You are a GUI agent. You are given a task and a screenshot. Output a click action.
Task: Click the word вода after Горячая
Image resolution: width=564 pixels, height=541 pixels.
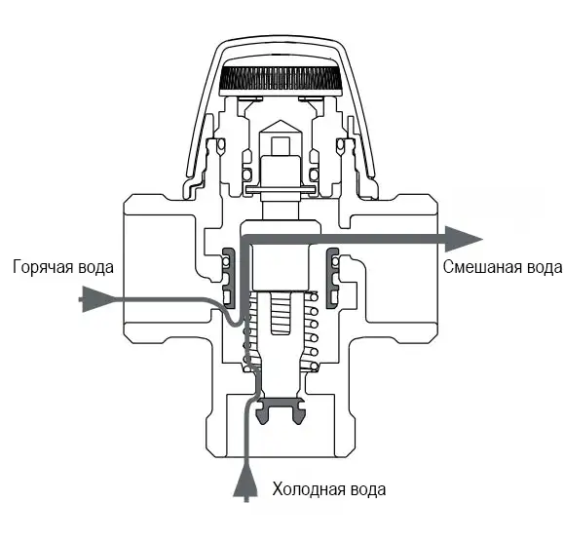[97, 267]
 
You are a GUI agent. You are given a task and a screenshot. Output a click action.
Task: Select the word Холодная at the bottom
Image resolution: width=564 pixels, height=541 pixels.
[309, 489]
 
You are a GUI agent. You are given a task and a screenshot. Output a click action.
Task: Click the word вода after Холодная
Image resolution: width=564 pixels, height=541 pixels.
[367, 490]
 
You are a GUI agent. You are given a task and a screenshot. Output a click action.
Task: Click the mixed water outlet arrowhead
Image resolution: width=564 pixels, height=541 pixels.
[464, 239]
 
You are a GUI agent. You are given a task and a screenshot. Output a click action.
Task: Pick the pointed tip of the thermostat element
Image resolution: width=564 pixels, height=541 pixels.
[281, 121]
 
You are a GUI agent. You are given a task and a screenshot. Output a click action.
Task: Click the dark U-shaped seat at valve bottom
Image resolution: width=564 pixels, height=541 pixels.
[281, 410]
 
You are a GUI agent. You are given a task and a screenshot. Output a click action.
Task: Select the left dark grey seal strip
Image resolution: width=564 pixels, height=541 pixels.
[229, 278]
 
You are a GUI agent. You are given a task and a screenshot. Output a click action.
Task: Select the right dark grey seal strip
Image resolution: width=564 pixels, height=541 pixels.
[332, 278]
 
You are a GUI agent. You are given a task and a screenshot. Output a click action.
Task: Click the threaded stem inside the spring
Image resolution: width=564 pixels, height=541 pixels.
[282, 313]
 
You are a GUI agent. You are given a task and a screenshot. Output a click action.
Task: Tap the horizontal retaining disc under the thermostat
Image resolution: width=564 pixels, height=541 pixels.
[281, 189]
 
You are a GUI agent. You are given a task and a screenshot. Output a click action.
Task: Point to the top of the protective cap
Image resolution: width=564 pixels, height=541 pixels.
[281, 38]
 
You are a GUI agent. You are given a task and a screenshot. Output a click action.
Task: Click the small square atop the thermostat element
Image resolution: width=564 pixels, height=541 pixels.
[281, 146]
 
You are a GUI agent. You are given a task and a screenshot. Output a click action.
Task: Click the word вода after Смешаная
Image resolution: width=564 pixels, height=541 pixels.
[544, 267]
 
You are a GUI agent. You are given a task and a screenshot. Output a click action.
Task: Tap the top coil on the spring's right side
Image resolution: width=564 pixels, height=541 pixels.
[314, 297]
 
